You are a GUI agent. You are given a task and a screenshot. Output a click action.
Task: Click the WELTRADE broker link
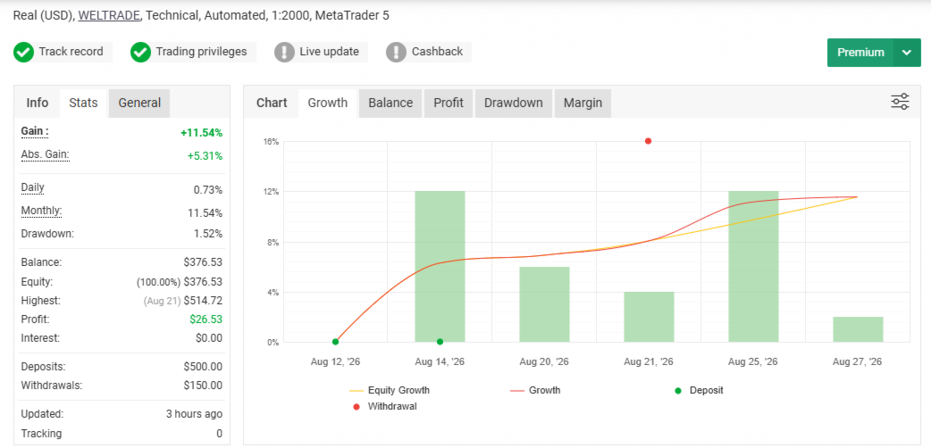tap(109, 15)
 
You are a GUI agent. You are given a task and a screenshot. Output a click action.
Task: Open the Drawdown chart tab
tap(513, 103)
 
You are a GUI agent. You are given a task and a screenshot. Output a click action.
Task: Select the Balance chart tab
tap(390, 103)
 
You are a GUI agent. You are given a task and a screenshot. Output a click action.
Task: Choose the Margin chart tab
tap(583, 103)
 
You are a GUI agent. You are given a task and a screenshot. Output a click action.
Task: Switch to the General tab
tap(139, 103)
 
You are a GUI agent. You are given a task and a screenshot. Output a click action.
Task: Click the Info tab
tap(38, 103)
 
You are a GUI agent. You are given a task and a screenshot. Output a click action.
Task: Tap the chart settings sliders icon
tap(900, 102)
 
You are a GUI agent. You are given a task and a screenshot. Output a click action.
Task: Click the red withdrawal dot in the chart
tap(648, 141)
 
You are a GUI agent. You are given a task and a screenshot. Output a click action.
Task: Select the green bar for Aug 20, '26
tap(544, 304)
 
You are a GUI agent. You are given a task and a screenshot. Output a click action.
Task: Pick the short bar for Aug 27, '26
tap(858, 329)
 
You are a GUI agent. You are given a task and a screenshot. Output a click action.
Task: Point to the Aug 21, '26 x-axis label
tap(649, 361)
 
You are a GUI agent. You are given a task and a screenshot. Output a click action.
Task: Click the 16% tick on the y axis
tap(272, 142)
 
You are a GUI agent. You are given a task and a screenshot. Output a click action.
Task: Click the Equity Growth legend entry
tap(390, 391)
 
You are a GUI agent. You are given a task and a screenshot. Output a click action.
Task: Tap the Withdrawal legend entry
tap(385, 407)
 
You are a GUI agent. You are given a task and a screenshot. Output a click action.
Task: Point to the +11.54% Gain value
tap(201, 133)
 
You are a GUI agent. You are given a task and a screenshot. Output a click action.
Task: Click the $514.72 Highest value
tap(203, 301)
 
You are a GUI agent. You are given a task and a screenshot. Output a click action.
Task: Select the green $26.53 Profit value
tap(206, 319)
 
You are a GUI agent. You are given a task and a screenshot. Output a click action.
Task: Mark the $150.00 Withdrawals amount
tap(203, 386)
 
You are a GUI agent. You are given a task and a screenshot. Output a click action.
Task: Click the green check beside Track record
tap(23, 53)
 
